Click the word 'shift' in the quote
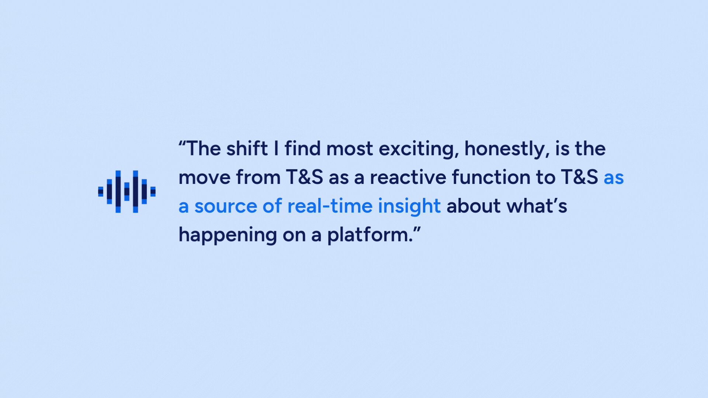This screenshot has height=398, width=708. coord(247,149)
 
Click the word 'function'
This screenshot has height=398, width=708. coord(491,178)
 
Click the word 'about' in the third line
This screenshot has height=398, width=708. coord(474,206)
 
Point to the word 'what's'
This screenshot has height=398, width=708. coord(537,206)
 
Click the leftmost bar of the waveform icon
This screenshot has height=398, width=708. coord(101,192)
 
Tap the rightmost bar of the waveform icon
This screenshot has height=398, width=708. coord(153,192)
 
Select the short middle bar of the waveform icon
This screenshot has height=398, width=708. coord(127,192)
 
